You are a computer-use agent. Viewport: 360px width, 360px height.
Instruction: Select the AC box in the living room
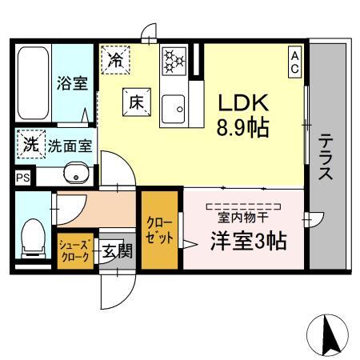[294, 62]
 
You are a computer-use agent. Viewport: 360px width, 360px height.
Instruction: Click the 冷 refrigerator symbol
[114, 58]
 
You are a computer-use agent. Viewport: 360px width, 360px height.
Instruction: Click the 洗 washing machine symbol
[29, 146]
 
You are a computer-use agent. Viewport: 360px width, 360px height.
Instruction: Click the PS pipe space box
[22, 178]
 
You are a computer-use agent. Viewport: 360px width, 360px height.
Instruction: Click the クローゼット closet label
[158, 229]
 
